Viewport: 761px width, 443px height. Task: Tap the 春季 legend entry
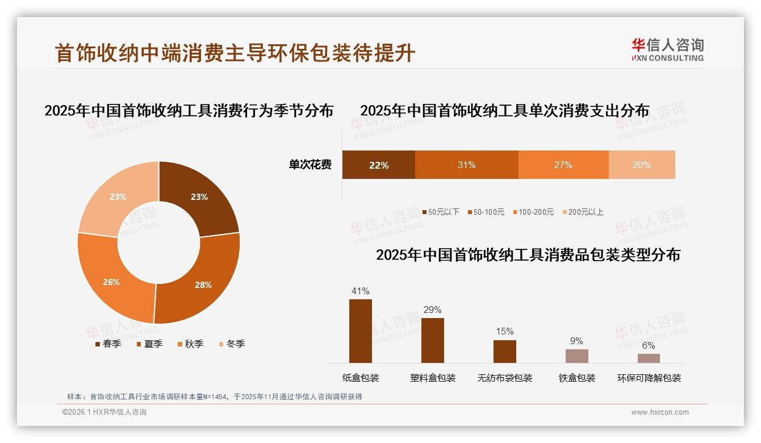[108, 344]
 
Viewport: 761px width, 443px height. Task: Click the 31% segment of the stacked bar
[466, 165]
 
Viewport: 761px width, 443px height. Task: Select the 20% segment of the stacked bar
[642, 165]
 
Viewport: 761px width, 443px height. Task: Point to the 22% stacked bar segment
[378, 165]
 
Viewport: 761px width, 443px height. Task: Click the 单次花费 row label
[310, 165]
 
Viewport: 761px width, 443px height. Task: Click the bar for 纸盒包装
[360, 331]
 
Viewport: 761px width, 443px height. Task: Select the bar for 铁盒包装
[576, 356]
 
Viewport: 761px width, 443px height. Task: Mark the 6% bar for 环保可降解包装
[649, 358]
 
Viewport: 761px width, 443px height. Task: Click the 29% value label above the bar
[432, 310]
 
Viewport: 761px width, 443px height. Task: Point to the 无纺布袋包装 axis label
[505, 378]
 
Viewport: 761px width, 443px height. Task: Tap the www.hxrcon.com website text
[660, 412]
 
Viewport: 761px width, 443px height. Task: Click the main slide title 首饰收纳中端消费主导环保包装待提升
[235, 53]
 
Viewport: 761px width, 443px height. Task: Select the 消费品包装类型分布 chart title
[528, 254]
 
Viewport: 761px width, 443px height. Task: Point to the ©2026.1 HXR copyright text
[104, 412]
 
